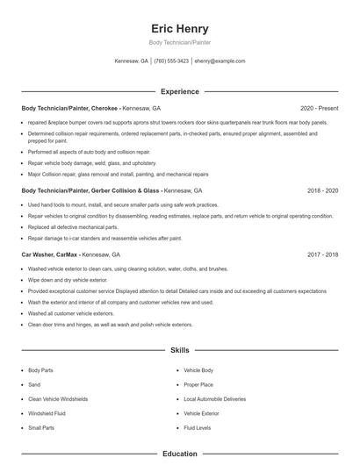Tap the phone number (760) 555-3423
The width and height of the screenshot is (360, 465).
(171, 61)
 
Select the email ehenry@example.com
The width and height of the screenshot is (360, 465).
(220, 61)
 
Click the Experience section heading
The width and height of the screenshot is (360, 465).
(179, 91)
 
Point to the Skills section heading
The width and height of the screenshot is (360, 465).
(179, 350)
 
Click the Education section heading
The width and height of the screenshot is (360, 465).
(179, 454)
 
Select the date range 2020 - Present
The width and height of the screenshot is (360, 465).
(319, 109)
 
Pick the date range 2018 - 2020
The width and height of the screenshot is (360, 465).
(322, 190)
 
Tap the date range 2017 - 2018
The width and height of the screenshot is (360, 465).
(322, 254)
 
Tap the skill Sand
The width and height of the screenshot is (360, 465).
(34, 385)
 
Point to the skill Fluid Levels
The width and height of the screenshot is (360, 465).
(198, 427)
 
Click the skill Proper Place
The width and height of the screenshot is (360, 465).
(198, 385)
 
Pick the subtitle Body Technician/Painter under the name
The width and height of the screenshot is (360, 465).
(179, 42)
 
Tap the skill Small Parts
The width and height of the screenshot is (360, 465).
(41, 427)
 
